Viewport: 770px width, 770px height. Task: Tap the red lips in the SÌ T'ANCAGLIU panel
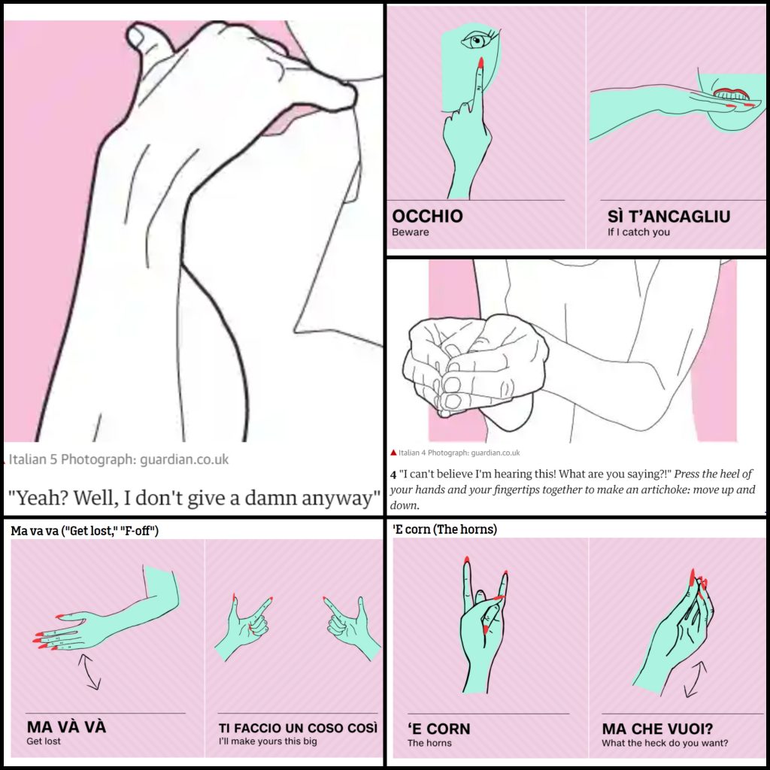(730, 92)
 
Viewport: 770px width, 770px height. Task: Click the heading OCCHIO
(427, 216)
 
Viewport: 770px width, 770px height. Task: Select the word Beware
(410, 232)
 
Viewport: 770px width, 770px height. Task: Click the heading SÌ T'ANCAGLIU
(668, 216)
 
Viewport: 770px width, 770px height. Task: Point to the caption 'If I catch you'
(638, 232)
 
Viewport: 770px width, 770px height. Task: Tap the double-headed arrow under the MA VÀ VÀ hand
(89, 671)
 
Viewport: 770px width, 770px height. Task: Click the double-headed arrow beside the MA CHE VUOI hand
(695, 679)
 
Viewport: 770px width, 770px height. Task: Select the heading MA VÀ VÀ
(66, 727)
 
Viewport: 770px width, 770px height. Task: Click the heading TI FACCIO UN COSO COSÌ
(298, 728)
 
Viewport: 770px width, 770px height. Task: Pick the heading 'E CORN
(438, 729)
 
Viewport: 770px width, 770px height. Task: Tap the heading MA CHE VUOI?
(657, 729)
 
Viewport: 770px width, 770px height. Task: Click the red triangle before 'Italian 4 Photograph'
(393, 452)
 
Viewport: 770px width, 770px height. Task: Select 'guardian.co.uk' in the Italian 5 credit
(184, 459)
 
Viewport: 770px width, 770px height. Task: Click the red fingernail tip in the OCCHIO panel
(480, 62)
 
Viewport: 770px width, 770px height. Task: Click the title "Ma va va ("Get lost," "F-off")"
(84, 530)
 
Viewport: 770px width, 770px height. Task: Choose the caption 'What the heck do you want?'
(665, 743)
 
